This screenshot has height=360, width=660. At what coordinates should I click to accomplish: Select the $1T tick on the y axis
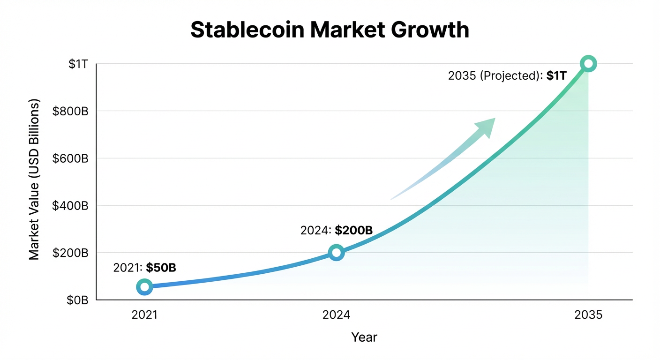coord(78,65)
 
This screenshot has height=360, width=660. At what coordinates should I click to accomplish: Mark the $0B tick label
coord(77,300)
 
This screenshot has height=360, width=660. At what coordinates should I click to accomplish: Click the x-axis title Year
coord(364,337)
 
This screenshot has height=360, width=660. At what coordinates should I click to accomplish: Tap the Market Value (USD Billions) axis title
coord(34,180)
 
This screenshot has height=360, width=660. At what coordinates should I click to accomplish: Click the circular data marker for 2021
coord(144,287)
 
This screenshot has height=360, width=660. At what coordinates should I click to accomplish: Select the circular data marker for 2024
coord(336,253)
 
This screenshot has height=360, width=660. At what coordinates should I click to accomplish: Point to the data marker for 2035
coord(588,64)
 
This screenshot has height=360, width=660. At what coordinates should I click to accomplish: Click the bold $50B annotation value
coord(161,268)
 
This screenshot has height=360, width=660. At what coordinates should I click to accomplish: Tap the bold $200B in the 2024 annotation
coord(353,231)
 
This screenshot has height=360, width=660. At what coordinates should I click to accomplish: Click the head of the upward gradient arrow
coord(486,126)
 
